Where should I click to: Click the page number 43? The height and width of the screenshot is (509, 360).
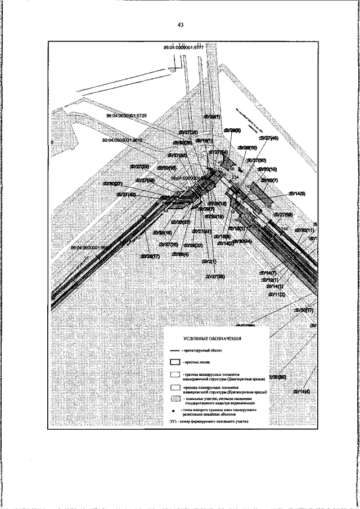coord(180,25)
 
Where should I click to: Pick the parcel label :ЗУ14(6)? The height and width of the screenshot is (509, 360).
coord(296,193)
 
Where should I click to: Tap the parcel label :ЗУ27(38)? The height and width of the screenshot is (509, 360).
coord(215,277)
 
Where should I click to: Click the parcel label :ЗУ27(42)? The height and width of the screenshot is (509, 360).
coord(126,194)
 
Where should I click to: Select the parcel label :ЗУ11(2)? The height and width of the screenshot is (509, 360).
coord(276,294)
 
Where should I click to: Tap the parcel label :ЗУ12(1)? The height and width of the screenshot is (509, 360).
coord(269,280)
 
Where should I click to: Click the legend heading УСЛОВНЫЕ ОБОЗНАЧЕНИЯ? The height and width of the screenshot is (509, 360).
coord(213,339)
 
